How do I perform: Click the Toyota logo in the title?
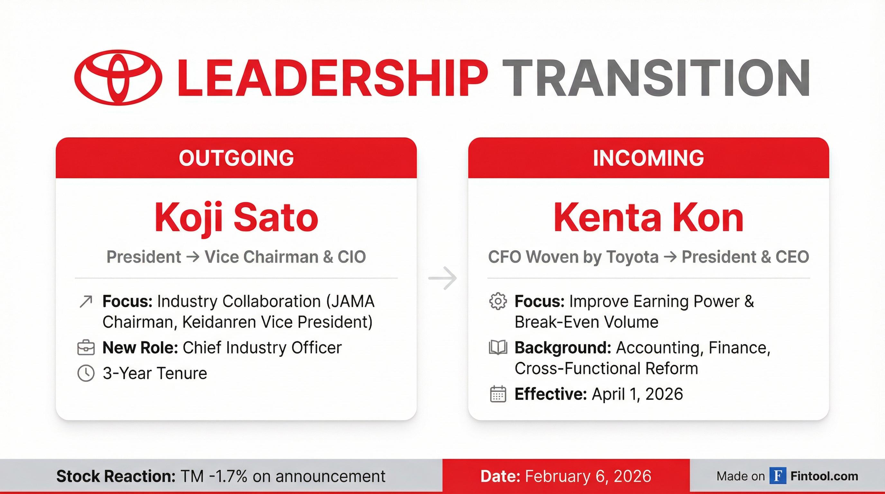118,78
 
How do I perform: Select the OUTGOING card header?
236,158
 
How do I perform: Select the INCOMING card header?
649,158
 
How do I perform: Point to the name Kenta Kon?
649,217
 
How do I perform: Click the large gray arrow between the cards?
442,278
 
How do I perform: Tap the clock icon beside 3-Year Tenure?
86,373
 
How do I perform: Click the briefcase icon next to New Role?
86,348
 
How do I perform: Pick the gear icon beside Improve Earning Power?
498,301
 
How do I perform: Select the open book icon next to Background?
498,347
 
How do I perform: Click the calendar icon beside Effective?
498,394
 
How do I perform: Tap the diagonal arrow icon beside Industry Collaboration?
86,301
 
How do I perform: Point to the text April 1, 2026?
637,394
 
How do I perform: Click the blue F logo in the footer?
778,476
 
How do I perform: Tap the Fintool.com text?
824,476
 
